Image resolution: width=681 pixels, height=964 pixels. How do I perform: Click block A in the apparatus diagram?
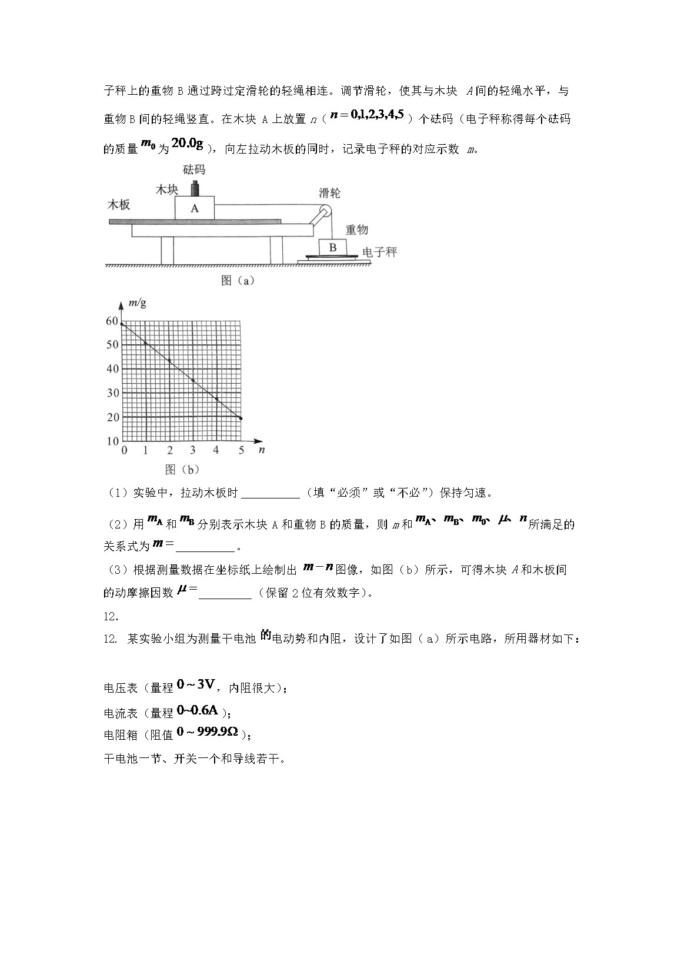point(195,208)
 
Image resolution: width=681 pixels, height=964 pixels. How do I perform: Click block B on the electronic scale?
point(333,247)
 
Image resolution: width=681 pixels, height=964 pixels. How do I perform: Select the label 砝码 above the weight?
point(195,170)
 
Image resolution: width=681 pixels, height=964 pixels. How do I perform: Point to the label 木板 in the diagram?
point(118,205)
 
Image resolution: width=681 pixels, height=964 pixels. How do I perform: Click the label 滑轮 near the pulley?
point(329,193)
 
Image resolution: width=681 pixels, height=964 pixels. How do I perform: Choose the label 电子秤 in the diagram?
point(379,252)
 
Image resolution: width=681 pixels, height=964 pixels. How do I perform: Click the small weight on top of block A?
point(195,188)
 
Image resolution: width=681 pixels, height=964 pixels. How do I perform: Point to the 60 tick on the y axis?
point(112,321)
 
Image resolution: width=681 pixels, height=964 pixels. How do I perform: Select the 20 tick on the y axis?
point(112,417)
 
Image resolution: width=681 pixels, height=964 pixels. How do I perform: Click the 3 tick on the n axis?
point(192,450)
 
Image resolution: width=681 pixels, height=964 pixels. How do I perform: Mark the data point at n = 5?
point(240,418)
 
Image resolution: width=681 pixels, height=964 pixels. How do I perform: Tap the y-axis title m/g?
point(137,304)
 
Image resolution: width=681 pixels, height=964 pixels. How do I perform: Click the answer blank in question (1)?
point(271,493)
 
